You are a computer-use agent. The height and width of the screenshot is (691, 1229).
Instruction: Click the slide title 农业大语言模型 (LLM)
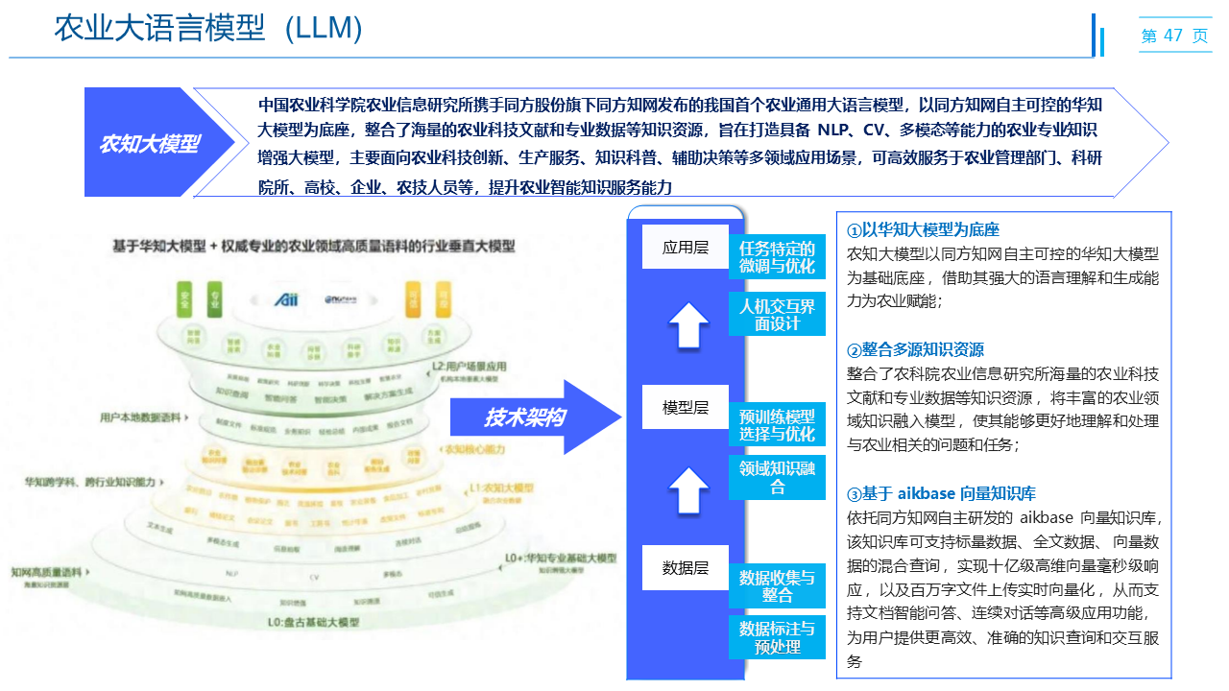(208, 29)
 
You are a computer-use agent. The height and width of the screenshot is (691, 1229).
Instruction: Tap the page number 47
(1172, 36)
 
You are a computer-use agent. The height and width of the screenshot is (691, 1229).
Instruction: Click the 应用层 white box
(686, 248)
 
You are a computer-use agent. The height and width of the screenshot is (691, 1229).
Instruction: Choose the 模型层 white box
(686, 407)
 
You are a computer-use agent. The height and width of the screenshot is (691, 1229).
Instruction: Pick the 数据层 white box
(686, 567)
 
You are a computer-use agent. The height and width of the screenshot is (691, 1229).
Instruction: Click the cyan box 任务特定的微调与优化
(777, 257)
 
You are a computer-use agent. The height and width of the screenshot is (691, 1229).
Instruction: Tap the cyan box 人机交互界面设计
(777, 315)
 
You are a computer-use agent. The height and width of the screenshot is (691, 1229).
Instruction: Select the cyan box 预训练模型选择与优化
(777, 425)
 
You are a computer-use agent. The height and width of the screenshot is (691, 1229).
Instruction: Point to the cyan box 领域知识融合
(777, 477)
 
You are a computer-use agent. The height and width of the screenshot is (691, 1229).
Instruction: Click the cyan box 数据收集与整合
(777, 585)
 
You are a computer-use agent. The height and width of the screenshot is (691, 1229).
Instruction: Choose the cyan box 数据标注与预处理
(777, 637)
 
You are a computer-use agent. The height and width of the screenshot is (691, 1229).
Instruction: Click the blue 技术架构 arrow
(533, 417)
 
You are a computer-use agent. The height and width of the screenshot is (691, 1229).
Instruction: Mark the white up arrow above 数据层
(687, 489)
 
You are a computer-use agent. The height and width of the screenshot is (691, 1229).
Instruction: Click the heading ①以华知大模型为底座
(923, 230)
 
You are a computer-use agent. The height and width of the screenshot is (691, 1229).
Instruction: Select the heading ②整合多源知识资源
(915, 349)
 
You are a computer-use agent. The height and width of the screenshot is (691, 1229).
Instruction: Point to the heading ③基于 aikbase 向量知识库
(941, 494)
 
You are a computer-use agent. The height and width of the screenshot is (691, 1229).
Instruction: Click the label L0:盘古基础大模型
(313, 622)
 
